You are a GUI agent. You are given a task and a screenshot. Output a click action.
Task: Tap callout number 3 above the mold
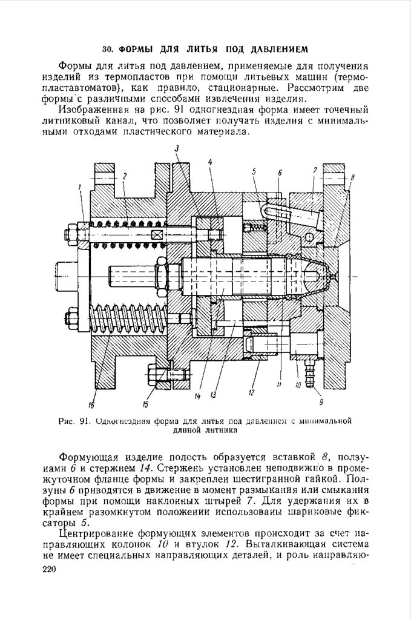click(x=177, y=148)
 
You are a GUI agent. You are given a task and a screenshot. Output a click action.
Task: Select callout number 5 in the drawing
click(x=254, y=171)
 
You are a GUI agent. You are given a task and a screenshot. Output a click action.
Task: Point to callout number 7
click(x=315, y=171)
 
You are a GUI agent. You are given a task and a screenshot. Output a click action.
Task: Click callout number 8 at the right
click(x=353, y=177)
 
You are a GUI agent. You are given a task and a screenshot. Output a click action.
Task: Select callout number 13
click(x=213, y=395)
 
